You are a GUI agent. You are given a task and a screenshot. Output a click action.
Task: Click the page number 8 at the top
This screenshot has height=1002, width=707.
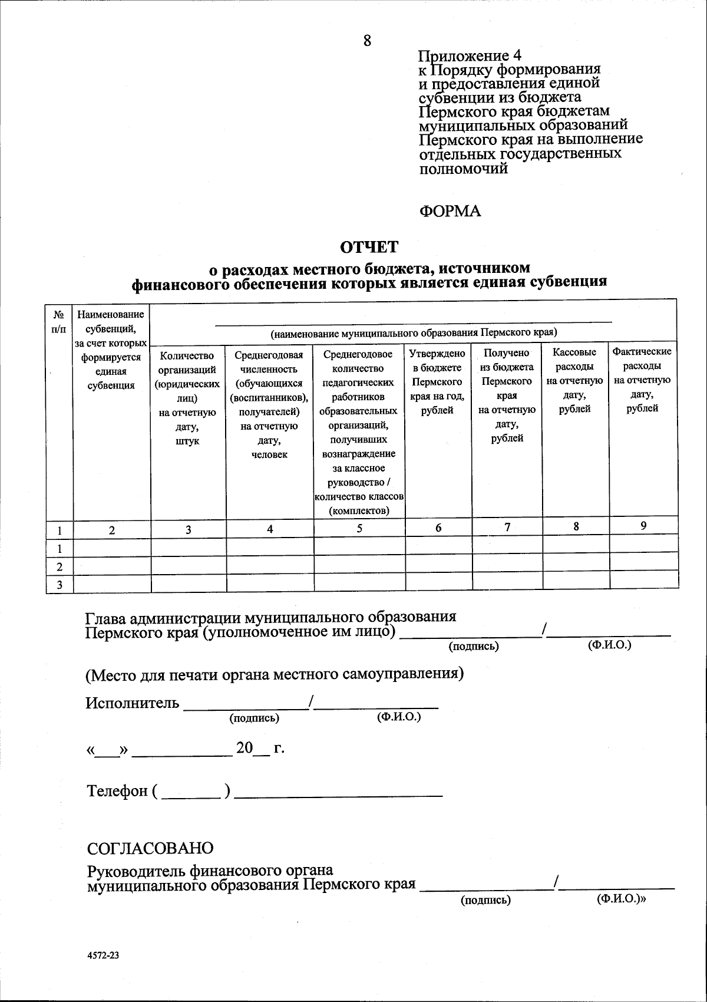pos(367,40)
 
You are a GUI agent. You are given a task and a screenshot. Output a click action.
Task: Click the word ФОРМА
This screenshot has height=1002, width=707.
pos(450,211)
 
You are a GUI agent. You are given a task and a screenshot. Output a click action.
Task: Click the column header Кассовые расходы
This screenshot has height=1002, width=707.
pos(575,380)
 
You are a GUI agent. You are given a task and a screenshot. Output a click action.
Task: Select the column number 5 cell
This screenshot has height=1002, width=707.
pos(359,529)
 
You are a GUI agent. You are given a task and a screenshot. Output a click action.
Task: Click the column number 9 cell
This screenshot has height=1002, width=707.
pos(643,526)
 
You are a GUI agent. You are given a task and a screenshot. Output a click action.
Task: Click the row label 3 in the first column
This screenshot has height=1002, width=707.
pos(60,584)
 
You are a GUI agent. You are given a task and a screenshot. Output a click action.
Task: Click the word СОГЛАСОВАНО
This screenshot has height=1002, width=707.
pos(150,848)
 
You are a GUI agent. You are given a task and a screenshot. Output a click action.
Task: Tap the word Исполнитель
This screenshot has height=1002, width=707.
pos(133,703)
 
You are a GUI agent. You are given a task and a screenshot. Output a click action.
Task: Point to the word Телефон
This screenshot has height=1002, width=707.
pos(117,790)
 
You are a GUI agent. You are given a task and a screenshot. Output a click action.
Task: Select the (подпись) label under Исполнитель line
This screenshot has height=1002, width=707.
pos(254,718)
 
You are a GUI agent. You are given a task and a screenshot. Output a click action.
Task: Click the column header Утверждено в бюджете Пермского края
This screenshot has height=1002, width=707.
pos(438,381)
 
